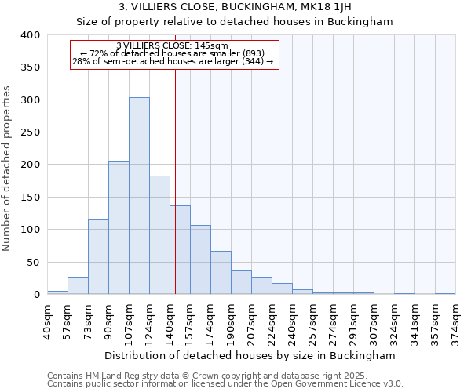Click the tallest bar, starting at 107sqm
click(139, 196)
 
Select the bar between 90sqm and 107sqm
click(119, 227)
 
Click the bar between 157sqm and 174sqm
click(200, 260)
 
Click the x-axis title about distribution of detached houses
click(250, 355)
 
